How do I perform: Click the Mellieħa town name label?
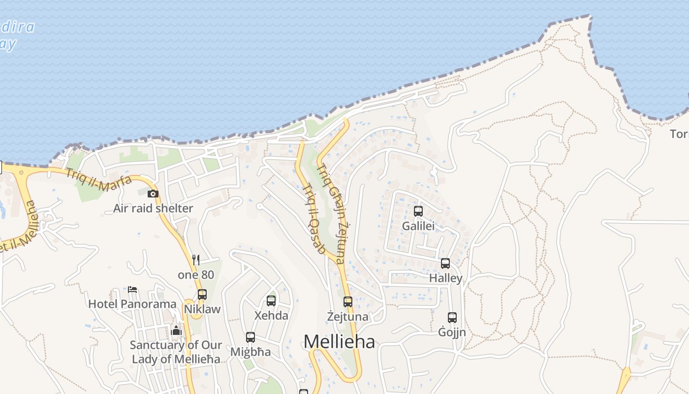pyautogui.click(x=339, y=341)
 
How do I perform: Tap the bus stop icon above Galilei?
pyautogui.click(x=418, y=211)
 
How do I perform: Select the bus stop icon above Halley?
pyautogui.click(x=445, y=263)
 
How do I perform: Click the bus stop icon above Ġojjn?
pyautogui.click(x=452, y=318)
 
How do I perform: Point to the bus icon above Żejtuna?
pyautogui.click(x=348, y=302)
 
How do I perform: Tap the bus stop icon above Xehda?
pyautogui.click(x=271, y=301)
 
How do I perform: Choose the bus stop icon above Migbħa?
pyautogui.click(x=251, y=337)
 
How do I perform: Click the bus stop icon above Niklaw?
pyautogui.click(x=202, y=295)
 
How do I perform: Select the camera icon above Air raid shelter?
pyautogui.click(x=153, y=194)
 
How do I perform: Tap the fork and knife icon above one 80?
pyautogui.click(x=196, y=260)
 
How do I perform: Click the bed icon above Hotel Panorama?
pyautogui.click(x=132, y=289)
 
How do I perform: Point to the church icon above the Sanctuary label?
pyautogui.click(x=176, y=330)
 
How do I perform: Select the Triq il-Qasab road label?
pyautogui.click(x=314, y=219)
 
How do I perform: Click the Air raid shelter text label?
pyautogui.click(x=153, y=208)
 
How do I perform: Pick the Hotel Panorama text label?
pyautogui.click(x=132, y=304)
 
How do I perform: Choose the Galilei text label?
pyautogui.click(x=418, y=226)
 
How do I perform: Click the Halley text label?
pyautogui.click(x=446, y=278)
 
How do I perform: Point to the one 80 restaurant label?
pyautogui.click(x=196, y=275)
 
